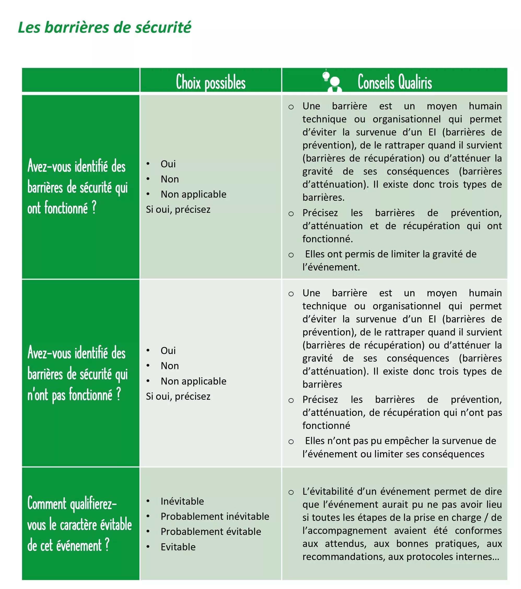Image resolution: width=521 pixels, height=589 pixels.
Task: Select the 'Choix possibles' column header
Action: click(x=211, y=82)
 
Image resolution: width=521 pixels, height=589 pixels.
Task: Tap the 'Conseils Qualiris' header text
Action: click(x=395, y=82)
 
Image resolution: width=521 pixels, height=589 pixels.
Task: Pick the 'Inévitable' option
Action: click(x=182, y=501)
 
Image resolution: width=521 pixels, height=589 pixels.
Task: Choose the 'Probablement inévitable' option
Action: click(x=215, y=516)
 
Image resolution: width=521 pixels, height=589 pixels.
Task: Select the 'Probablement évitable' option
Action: click(x=211, y=531)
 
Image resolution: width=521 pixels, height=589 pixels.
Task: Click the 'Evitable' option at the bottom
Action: click(x=178, y=547)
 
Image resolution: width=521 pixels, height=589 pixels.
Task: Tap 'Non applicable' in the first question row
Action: click(x=193, y=194)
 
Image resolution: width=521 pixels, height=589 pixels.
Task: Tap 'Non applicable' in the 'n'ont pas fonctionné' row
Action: click(x=193, y=381)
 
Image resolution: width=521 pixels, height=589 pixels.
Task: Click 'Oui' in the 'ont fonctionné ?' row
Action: click(x=168, y=164)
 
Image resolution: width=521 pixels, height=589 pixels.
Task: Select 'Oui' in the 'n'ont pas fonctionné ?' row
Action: click(x=168, y=350)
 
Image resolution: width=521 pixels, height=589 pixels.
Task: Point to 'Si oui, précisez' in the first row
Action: click(x=178, y=209)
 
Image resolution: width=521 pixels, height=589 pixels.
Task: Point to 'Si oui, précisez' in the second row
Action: click(x=178, y=396)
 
